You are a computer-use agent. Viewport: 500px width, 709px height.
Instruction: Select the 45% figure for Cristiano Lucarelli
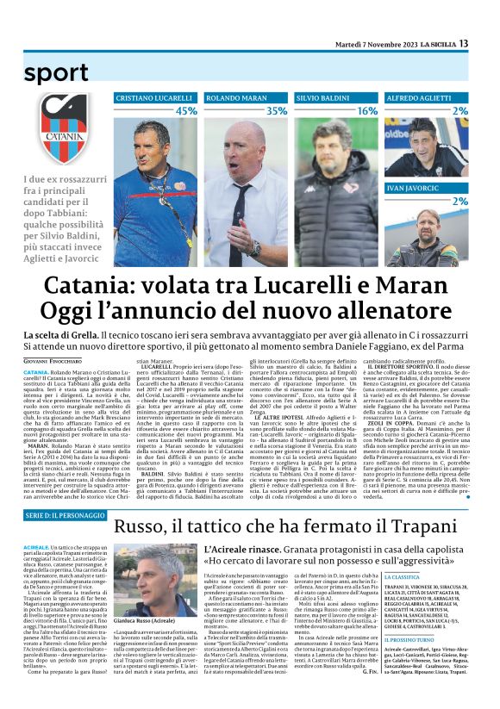[x=185, y=111]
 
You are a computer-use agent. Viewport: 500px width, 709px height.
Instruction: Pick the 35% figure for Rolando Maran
[x=277, y=111]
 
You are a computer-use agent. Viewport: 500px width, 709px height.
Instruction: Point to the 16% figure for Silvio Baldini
[x=367, y=111]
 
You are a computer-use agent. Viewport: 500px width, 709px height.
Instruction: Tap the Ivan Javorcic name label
[x=417, y=187]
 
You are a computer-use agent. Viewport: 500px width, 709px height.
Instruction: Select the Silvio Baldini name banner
[x=325, y=98]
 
